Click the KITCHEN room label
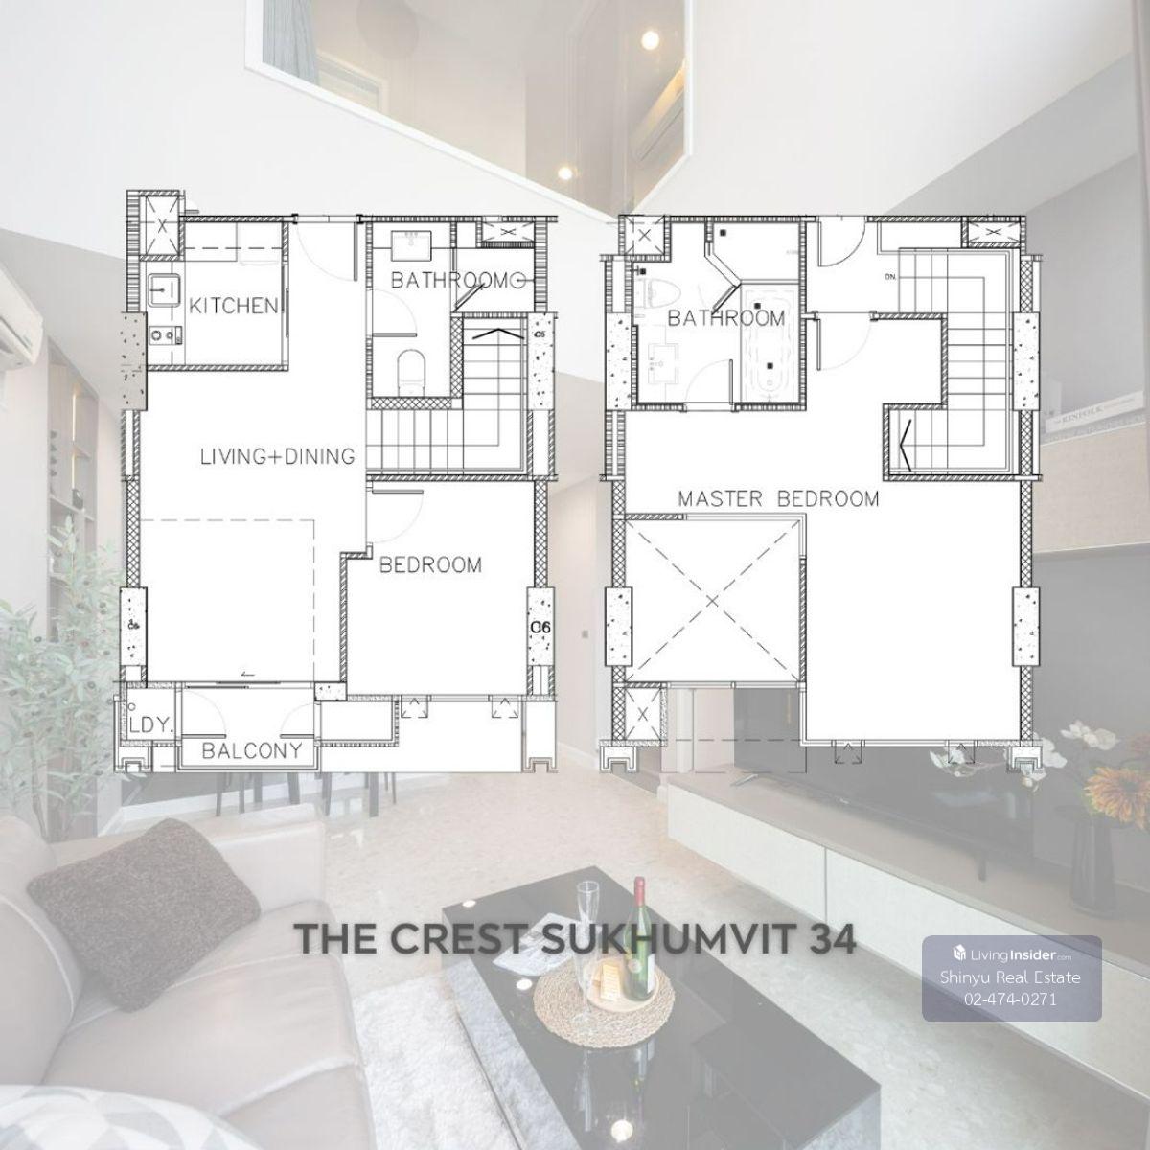click(233, 306)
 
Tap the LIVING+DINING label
click(278, 456)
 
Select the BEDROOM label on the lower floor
click(431, 565)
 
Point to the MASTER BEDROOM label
click(778, 498)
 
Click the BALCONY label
click(252, 750)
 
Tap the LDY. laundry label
click(151, 725)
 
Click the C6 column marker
click(540, 627)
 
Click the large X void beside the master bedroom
click(713, 600)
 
